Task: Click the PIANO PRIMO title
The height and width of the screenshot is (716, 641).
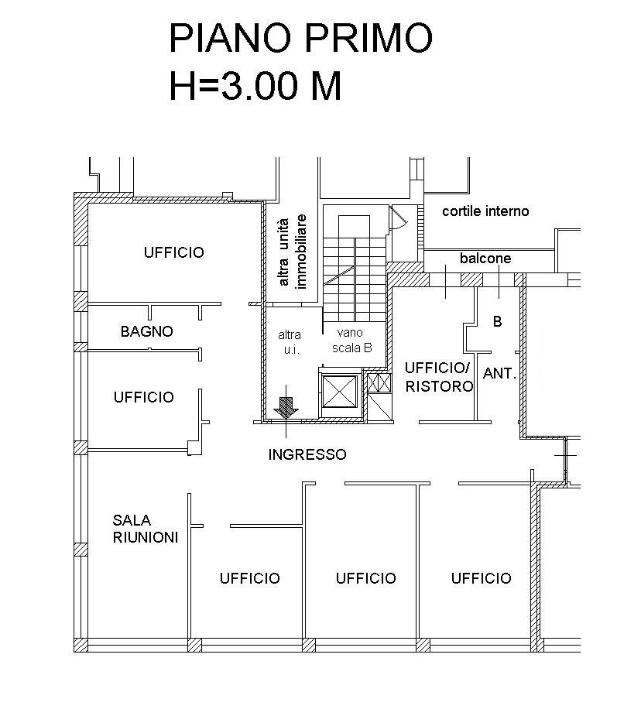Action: [301, 39]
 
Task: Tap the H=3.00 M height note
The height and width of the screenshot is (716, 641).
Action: [255, 85]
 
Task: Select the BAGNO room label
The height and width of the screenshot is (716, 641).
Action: [147, 331]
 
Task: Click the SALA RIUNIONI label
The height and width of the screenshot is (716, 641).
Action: [146, 529]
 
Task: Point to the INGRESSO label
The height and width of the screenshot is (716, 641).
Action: [307, 454]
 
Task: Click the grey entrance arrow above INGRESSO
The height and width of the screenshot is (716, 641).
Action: [286, 407]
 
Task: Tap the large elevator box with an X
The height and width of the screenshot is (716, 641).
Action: [339, 392]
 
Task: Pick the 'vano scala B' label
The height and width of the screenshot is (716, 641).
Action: [352, 341]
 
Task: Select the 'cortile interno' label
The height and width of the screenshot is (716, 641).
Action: [485, 211]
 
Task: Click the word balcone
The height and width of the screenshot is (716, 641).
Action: [485, 259]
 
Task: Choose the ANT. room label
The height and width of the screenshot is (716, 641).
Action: [499, 374]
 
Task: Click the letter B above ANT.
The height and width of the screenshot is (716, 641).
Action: [498, 322]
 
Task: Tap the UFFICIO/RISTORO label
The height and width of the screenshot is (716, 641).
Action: [439, 377]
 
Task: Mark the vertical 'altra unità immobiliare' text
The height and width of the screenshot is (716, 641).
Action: [292, 252]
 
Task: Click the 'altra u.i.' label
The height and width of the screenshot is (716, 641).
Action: [290, 342]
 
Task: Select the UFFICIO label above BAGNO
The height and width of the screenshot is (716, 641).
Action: [174, 252]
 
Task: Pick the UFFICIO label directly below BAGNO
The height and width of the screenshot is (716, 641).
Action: [144, 397]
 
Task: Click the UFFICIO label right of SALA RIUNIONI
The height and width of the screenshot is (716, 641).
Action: [250, 578]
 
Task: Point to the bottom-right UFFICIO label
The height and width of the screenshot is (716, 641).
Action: [482, 578]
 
